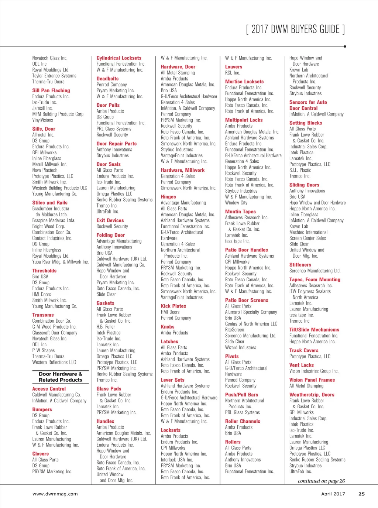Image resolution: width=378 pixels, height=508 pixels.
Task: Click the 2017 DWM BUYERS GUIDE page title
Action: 295,29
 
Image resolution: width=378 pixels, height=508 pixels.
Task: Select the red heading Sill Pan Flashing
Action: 51,90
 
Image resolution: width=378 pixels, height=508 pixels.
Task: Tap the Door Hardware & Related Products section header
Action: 61,377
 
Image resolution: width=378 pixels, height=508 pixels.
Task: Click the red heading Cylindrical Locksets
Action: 119,58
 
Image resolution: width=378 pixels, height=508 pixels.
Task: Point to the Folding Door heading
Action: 111,235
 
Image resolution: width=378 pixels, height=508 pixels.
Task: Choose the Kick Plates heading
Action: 173,306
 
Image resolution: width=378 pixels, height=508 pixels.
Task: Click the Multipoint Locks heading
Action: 244,120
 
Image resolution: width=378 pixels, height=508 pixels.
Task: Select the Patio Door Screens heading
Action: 247,300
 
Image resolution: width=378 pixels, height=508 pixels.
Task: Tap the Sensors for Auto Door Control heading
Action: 308,105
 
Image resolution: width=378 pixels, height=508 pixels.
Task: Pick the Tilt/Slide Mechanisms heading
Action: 314,330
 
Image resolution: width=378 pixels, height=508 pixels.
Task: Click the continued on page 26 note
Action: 321,481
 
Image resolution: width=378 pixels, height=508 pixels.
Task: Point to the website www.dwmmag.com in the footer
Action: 55,494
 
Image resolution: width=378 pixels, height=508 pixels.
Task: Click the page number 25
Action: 361,494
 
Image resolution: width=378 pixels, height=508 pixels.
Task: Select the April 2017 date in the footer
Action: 333,494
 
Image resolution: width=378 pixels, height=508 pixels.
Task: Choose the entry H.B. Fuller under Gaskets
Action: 106,327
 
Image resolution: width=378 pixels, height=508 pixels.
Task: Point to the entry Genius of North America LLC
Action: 251,324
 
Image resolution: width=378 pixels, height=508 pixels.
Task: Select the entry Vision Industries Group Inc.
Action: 314,371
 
